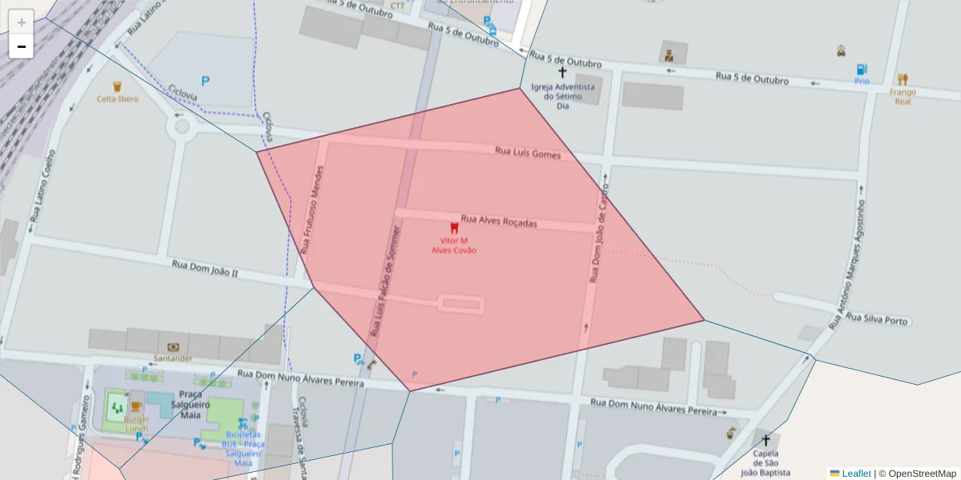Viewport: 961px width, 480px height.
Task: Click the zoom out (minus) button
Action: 22,46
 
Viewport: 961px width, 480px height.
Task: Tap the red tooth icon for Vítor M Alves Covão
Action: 454,228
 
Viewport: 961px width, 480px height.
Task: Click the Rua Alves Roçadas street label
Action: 499,221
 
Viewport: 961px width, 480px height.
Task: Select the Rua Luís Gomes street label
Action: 528,152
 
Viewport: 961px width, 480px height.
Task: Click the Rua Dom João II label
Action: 205,268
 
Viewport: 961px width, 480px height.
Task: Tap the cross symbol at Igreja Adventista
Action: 562,73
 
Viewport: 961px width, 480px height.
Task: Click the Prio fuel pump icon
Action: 862,70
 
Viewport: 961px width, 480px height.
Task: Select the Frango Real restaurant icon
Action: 903,79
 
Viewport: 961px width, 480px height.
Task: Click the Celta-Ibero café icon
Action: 117,86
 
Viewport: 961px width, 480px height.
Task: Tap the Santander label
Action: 174,358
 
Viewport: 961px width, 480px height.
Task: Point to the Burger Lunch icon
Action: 136,407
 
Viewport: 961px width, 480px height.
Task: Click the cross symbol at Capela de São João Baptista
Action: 766,440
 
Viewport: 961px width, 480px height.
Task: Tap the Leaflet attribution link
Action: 855,474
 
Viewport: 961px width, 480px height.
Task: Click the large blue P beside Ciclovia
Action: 205,81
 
